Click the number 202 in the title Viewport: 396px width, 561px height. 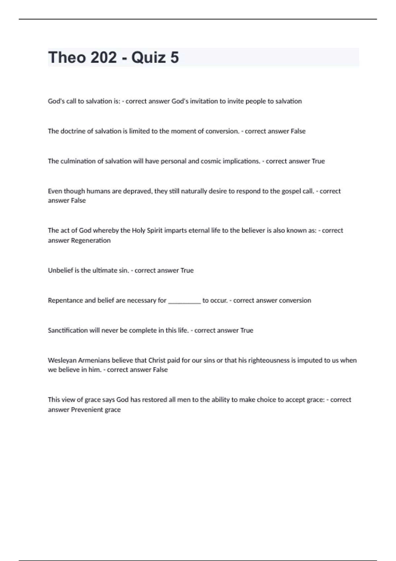pyautogui.click(x=103, y=57)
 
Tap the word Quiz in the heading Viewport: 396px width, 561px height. pyautogui.click(x=148, y=57)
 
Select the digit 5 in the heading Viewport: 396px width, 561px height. pyautogui.click(x=175, y=57)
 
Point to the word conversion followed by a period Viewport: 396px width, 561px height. pyautogui.click(x=222, y=131)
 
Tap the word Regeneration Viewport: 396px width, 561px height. pyautogui.click(x=91, y=241)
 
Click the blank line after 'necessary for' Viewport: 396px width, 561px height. pyautogui.click(x=184, y=301)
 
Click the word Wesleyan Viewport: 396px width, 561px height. pyautogui.click(x=62, y=360)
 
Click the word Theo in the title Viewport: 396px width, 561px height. pyautogui.click(x=67, y=57)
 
